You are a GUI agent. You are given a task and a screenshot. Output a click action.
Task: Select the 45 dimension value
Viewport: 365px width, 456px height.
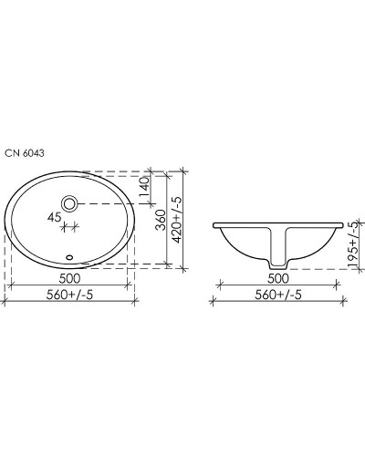pos(55,217)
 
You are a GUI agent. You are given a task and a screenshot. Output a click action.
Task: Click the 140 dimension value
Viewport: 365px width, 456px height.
pos(142,185)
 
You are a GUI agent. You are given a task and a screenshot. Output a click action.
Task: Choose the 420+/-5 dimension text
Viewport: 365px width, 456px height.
pos(182,218)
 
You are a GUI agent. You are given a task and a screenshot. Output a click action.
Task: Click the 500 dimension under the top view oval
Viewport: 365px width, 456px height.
pos(72,278)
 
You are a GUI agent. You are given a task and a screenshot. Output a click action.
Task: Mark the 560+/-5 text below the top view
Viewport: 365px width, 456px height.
pos(71,295)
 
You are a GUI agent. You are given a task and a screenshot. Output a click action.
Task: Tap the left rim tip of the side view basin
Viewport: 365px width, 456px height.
pos(215,225)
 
